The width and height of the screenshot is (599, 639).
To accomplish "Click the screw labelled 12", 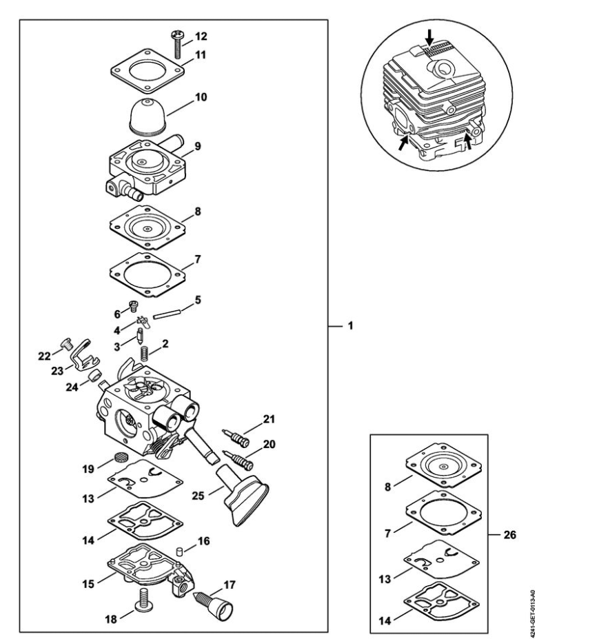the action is tap(178, 45).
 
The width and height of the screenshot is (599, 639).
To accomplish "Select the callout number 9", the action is tap(198, 146).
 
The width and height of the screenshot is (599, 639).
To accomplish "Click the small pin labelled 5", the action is tap(167, 314).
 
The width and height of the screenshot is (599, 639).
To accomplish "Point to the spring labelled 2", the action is tap(144, 353).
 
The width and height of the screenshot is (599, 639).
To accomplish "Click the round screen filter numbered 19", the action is tap(120, 456).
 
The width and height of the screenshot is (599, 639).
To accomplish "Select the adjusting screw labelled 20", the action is tap(238, 460).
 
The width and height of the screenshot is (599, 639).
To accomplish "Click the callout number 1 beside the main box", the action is tap(349, 326).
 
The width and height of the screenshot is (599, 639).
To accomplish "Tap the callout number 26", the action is tap(510, 535).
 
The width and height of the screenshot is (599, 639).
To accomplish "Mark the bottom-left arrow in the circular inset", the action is tap(403, 143).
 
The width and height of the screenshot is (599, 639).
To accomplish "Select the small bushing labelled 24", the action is tap(96, 376).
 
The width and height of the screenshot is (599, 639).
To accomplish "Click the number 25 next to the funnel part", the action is tap(198, 496).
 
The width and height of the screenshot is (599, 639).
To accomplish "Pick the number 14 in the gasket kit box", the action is tap(385, 620).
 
